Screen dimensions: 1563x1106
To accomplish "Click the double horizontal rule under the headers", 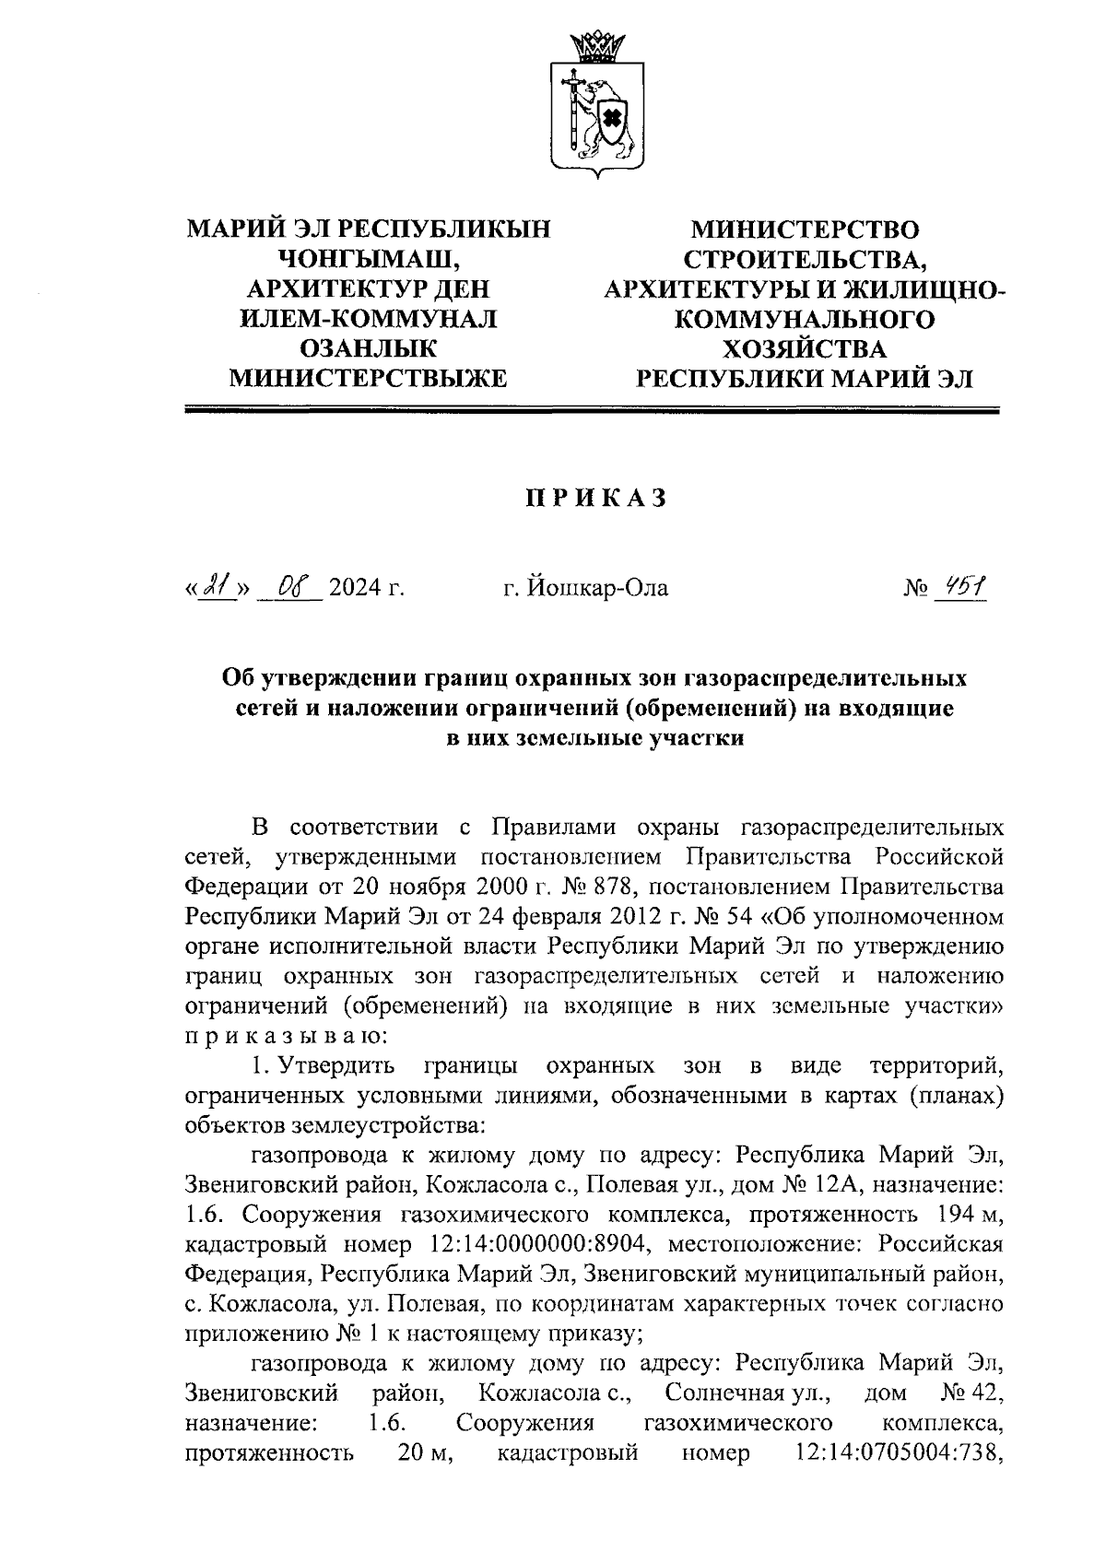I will tap(592, 410).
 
